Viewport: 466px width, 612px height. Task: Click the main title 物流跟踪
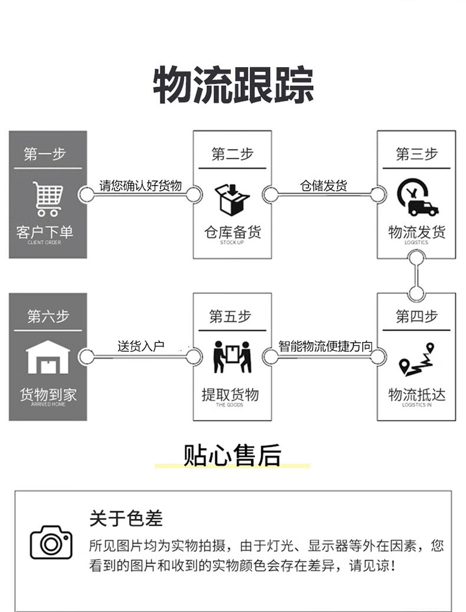(233, 86)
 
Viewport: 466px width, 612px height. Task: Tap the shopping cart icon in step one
(48, 199)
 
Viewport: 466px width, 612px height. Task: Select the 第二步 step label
(232, 154)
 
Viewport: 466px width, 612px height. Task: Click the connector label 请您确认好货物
(140, 186)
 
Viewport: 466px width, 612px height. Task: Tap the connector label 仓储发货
(324, 186)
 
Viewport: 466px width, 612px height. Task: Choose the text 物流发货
(417, 232)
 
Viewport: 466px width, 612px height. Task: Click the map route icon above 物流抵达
(416, 359)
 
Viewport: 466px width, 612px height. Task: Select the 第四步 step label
(416, 316)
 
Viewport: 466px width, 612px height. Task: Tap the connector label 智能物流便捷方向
(325, 346)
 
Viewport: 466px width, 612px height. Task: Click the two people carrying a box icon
(232, 356)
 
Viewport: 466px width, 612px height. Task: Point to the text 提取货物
(231, 394)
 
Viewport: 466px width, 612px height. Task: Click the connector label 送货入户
(140, 346)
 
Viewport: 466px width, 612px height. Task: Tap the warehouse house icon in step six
(48, 358)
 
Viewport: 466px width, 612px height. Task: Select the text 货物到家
(48, 395)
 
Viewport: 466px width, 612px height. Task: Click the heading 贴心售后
(232, 455)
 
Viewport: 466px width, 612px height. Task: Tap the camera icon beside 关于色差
(51, 542)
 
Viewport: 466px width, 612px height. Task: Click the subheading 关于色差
(126, 518)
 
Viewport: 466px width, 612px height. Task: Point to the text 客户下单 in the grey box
(45, 232)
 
